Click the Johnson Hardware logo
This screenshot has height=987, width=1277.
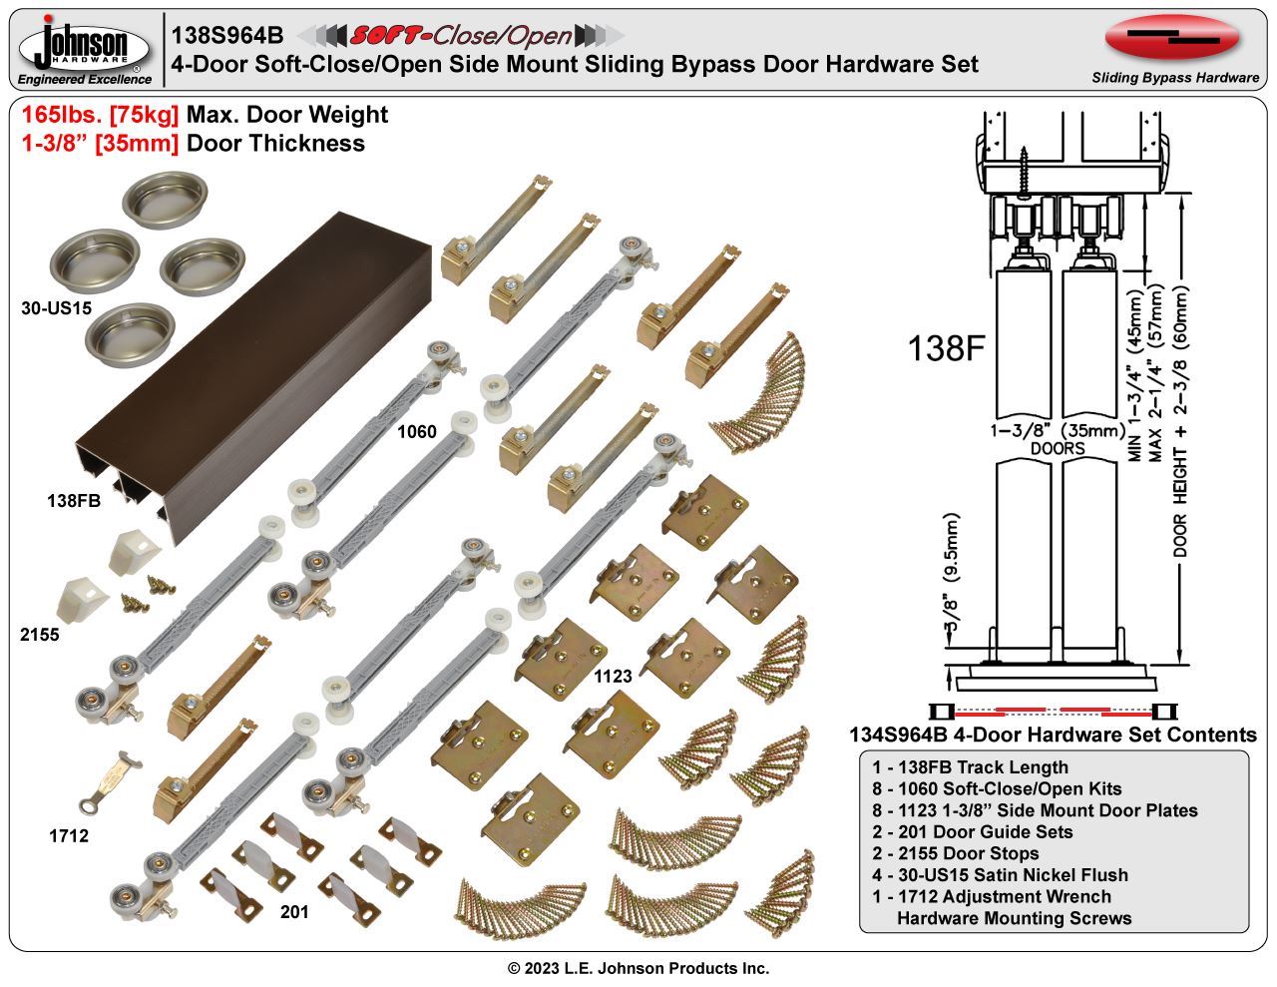(x=86, y=48)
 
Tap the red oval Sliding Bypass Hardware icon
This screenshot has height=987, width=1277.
(x=1172, y=38)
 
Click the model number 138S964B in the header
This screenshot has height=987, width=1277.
(x=227, y=36)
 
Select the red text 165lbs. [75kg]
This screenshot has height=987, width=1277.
(x=100, y=116)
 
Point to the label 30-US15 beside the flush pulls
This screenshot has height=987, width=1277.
(x=56, y=308)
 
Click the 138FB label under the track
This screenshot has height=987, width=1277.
(x=74, y=501)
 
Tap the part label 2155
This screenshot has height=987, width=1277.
(x=39, y=635)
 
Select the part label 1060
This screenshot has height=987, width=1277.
(x=417, y=432)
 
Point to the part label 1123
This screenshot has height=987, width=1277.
(x=613, y=676)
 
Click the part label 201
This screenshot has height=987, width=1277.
(x=294, y=912)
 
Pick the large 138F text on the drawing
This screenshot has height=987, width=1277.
(x=946, y=348)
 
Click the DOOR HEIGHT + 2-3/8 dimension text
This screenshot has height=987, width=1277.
(x=1181, y=419)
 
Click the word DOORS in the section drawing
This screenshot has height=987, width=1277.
(x=1059, y=449)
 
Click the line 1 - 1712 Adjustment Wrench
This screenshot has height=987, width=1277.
(x=991, y=896)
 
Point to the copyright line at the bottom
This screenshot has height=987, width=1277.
(x=638, y=968)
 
